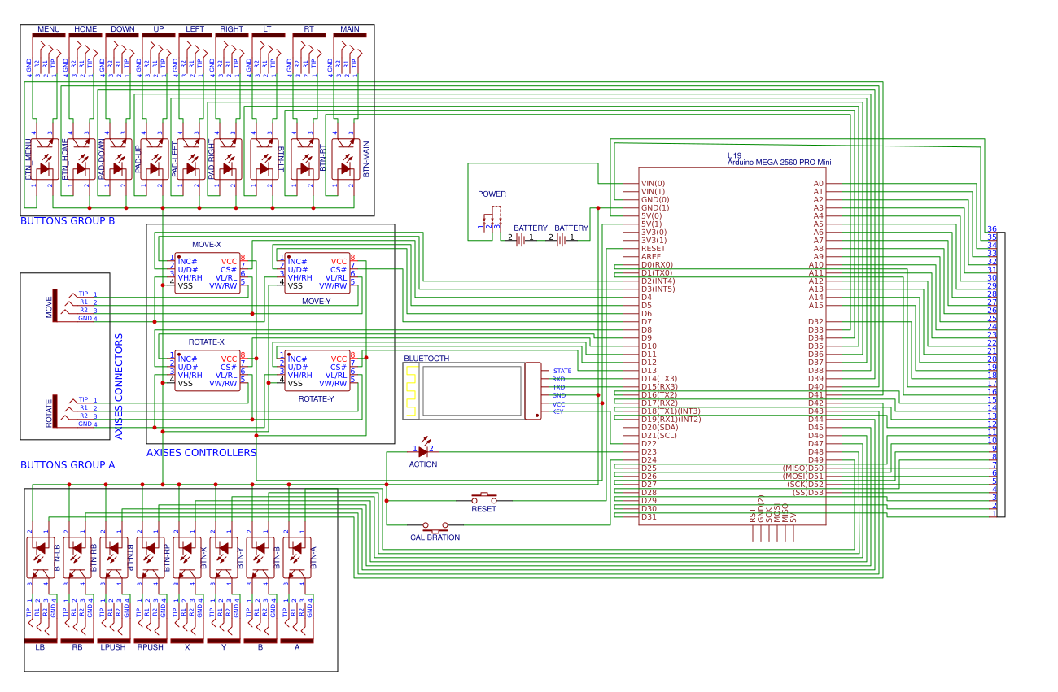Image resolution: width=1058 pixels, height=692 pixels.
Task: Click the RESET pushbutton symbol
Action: [484, 497]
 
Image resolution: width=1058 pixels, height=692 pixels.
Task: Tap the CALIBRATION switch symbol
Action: [435, 526]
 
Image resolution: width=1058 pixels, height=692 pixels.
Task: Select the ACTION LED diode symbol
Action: [422, 450]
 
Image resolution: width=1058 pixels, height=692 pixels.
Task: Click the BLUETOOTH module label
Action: [426, 359]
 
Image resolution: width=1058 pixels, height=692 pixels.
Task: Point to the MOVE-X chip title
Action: [206, 245]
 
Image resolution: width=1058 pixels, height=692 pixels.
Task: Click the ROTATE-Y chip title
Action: [316, 399]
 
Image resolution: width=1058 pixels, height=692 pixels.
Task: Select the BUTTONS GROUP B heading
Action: [68, 221]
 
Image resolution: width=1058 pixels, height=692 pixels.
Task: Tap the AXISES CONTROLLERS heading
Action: [201, 453]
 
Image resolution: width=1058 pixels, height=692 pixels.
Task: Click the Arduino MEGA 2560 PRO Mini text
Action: [779, 163]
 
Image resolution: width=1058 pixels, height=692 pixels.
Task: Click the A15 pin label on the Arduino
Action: [815, 306]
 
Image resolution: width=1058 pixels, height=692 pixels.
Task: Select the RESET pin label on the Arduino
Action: [653, 249]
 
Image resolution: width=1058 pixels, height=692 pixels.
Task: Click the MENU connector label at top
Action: [49, 29]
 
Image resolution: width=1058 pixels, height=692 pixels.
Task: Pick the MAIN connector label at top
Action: [350, 29]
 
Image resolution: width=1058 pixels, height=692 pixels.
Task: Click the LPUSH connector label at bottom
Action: [112, 647]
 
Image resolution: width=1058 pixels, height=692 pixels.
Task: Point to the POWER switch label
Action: [492, 194]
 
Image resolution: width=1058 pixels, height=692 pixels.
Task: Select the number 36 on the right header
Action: [992, 229]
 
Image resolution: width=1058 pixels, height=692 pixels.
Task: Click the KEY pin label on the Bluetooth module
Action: [557, 412]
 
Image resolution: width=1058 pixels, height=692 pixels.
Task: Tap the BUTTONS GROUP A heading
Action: [68, 465]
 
